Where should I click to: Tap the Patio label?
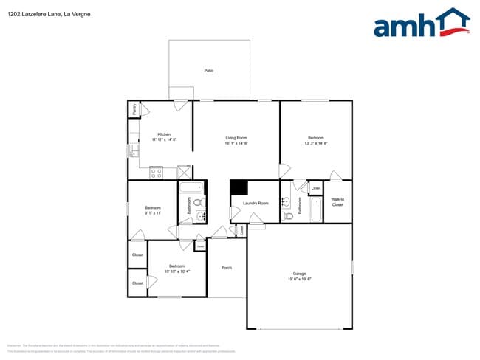209,70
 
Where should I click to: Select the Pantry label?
134,109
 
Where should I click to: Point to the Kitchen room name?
164,134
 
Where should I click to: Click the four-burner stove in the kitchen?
157,173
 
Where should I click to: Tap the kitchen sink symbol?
134,150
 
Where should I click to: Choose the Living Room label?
236,138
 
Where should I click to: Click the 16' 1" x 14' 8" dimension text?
236,143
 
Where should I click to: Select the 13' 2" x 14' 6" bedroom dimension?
317,143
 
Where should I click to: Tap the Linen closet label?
315,189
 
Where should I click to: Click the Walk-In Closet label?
337,202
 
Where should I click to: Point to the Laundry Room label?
256,203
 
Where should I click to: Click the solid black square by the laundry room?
239,187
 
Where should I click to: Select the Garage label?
298,274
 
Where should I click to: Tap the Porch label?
227,268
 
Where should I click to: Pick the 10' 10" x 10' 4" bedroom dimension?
176,271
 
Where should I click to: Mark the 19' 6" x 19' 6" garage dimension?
298,279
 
